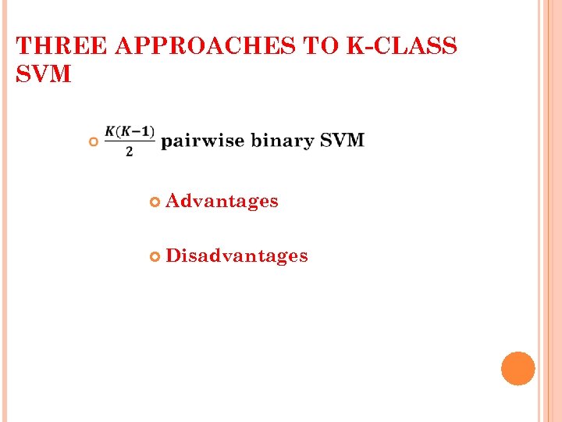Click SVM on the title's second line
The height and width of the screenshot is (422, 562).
click(44, 75)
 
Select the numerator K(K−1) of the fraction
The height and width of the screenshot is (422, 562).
click(130, 131)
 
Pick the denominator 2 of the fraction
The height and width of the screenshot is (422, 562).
click(130, 151)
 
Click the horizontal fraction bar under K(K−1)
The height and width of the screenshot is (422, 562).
click(130, 141)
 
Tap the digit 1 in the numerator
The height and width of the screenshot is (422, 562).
click(148, 131)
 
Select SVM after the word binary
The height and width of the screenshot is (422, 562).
click(342, 141)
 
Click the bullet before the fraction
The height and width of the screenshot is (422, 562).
click(93, 141)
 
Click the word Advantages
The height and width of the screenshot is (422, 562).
click(222, 202)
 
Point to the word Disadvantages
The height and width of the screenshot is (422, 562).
click(237, 256)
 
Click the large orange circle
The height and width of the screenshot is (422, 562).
click(518, 368)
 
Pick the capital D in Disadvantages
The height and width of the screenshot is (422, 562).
click(173, 256)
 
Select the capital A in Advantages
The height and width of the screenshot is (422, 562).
click(173, 202)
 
